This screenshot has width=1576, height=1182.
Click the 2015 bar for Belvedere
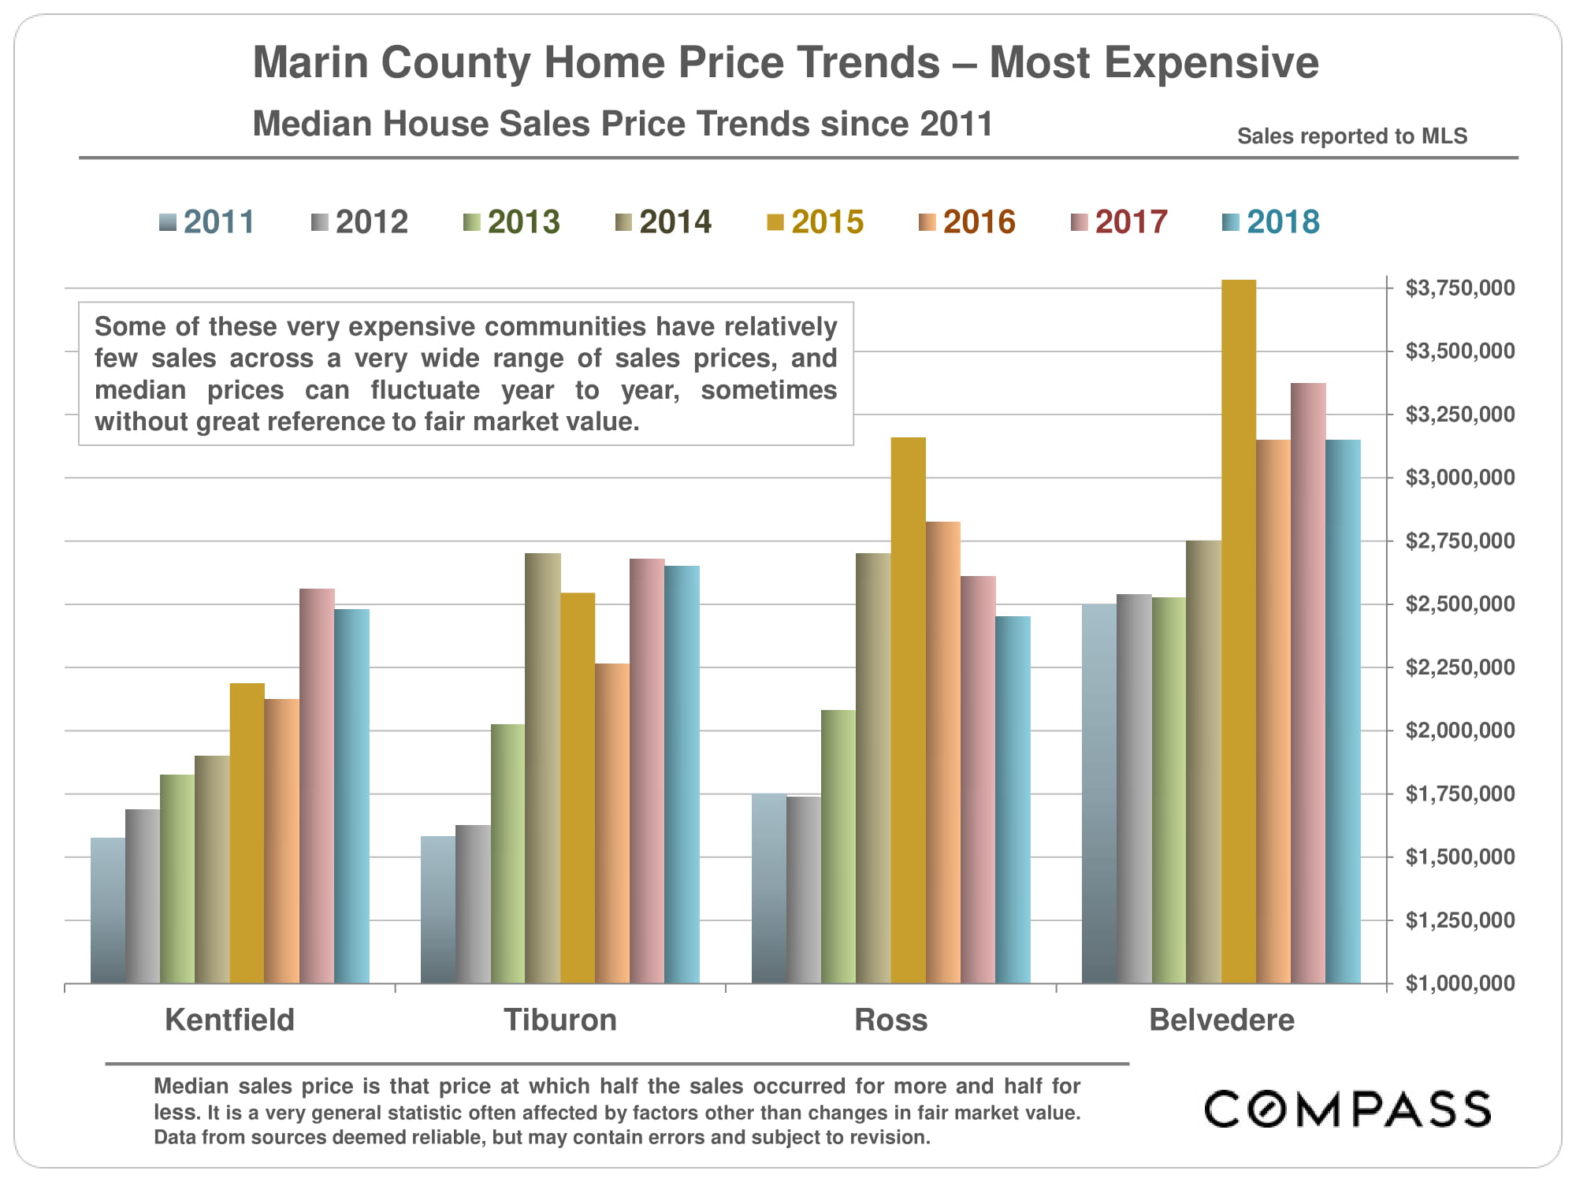click(x=1239, y=630)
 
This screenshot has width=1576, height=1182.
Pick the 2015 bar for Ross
click(x=908, y=710)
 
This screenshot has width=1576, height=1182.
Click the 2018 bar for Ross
click(x=1013, y=799)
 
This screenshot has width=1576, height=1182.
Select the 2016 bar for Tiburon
click(x=612, y=823)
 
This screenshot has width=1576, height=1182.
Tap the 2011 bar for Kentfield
click(x=108, y=910)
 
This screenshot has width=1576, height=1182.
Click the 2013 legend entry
click(x=511, y=222)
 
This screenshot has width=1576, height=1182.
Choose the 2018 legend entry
click(x=1271, y=222)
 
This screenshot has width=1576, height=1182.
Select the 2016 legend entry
click(x=967, y=222)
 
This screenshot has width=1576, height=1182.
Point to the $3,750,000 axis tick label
click(x=1459, y=288)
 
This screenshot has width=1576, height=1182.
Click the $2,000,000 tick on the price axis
click(x=1459, y=730)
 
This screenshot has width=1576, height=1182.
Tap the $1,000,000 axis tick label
click(x=1459, y=983)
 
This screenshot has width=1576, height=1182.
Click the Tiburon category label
click(x=560, y=1020)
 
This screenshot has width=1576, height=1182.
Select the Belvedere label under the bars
click(x=1221, y=1020)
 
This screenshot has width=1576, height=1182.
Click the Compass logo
click(x=1347, y=1110)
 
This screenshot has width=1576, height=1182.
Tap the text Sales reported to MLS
click(x=1352, y=136)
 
